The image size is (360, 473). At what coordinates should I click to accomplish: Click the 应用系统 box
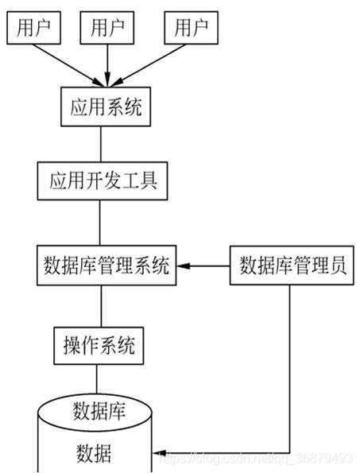point(101,107)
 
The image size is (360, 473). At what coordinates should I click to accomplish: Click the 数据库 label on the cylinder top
point(100,411)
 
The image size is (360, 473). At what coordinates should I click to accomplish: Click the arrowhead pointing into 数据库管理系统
point(183,267)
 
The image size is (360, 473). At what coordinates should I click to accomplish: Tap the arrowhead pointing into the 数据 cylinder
point(157,452)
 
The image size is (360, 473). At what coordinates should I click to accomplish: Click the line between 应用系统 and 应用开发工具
point(100,144)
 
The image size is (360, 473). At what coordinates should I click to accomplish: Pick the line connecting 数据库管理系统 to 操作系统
point(100,305)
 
